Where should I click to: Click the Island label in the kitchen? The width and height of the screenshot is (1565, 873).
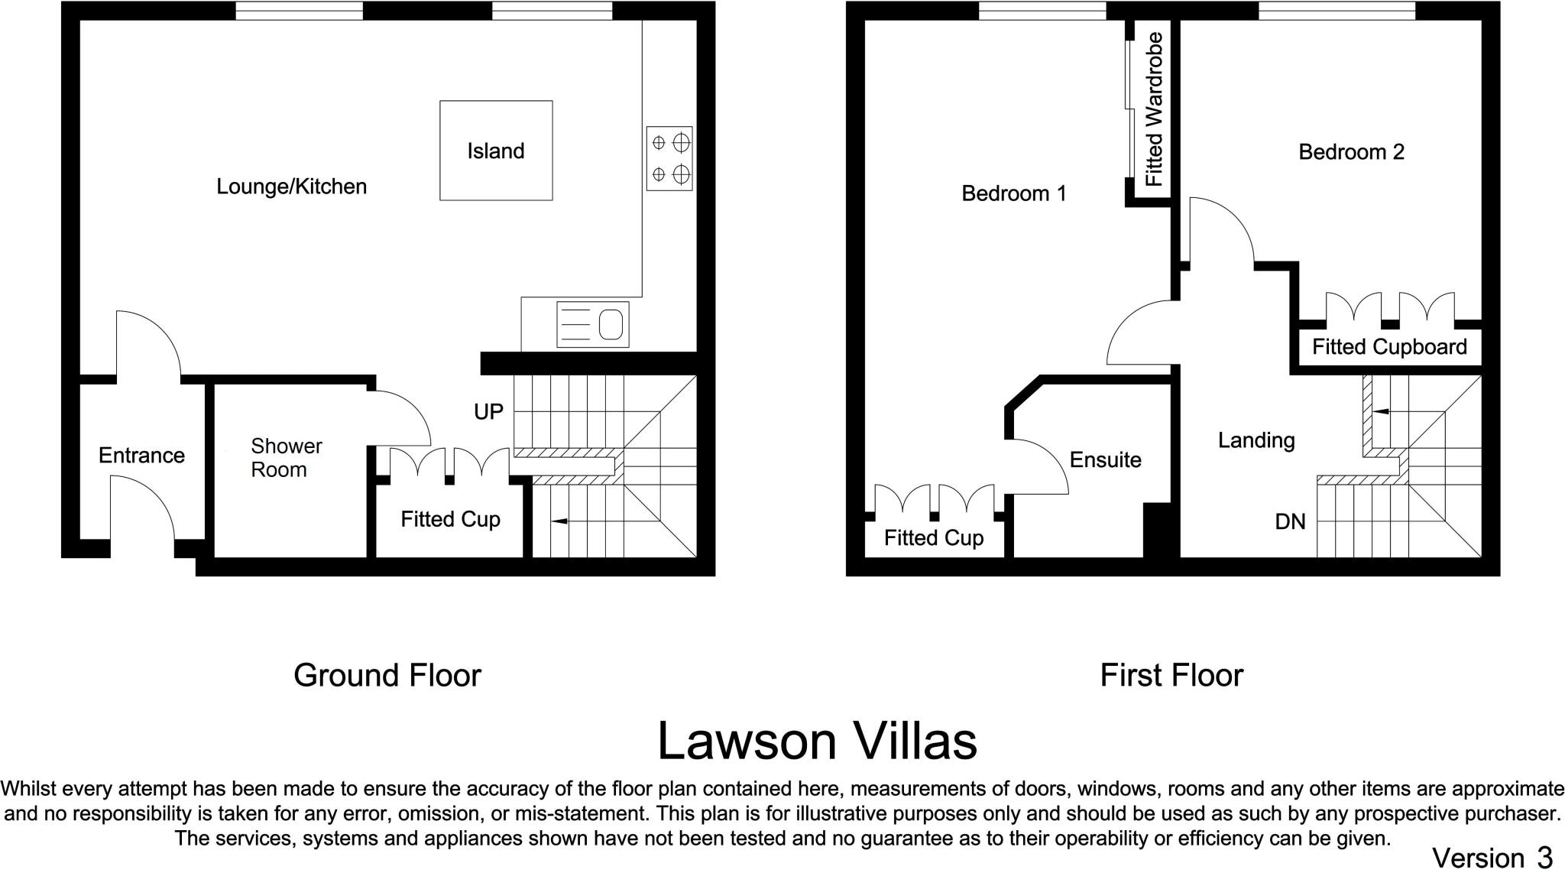(496, 151)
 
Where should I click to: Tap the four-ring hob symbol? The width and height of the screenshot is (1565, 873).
(669, 158)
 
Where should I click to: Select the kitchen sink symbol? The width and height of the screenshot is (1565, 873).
(592, 324)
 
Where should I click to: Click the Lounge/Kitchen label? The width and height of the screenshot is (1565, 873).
(291, 187)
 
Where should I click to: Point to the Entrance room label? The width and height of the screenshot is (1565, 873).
(141, 456)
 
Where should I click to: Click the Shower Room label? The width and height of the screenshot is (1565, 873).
(286, 457)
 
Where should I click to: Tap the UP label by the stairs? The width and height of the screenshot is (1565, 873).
(488, 412)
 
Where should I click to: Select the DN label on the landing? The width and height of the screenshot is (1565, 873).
(1290, 521)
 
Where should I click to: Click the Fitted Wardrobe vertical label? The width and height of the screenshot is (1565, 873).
(1154, 109)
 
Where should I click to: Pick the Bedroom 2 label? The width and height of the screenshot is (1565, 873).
(1351, 152)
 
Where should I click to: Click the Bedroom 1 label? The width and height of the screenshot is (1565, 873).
(1013, 193)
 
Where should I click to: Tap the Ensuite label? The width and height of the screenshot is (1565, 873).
(1105, 459)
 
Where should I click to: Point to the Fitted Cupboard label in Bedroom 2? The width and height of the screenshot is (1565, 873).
(1389, 347)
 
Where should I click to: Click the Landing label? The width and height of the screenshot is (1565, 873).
(1256, 440)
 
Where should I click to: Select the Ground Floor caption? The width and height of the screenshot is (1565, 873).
(387, 675)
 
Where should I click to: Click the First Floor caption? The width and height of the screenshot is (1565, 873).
(1171, 675)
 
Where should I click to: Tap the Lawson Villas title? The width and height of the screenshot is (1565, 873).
(817, 741)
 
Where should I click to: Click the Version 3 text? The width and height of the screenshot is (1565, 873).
(1492, 857)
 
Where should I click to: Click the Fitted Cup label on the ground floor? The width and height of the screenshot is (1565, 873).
(450, 520)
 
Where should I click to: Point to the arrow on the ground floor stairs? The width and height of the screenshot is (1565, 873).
(559, 521)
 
